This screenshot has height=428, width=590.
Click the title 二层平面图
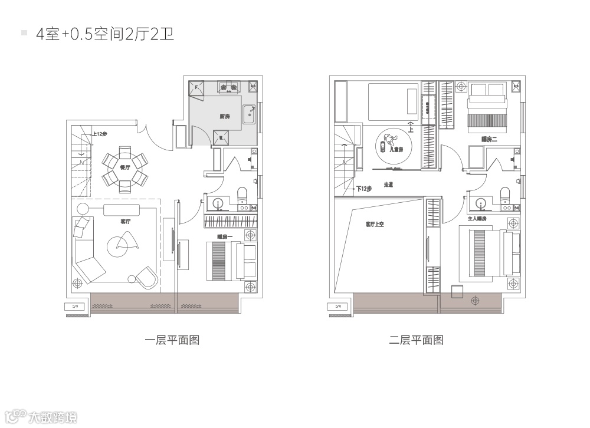[416, 340]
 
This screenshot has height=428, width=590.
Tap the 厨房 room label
[225, 117]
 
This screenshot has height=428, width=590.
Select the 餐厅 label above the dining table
[125, 167]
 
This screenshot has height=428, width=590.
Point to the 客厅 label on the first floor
[125, 222]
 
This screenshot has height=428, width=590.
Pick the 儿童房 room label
[396, 150]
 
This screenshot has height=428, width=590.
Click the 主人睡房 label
[477, 218]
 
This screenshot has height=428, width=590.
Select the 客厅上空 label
[374, 224]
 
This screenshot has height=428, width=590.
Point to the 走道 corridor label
[388, 185]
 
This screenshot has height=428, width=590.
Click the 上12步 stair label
[100, 134]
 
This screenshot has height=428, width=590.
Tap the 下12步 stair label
[364, 189]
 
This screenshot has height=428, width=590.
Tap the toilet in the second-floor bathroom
[504, 195]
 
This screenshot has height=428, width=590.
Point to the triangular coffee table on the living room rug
[126, 241]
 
